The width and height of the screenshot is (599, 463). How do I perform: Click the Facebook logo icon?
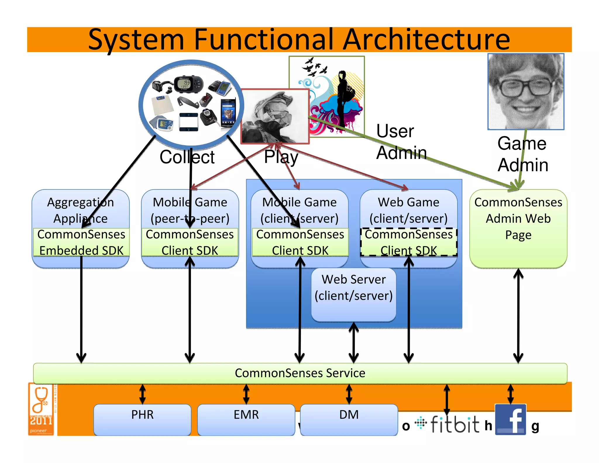click(510, 419)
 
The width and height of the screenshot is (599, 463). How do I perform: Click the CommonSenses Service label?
click(300, 373)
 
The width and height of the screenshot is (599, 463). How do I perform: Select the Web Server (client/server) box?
click(353, 294)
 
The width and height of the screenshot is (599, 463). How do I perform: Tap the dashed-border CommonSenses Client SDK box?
click(408, 242)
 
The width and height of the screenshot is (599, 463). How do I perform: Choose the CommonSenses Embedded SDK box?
click(81, 242)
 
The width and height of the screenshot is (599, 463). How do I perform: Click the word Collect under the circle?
click(187, 157)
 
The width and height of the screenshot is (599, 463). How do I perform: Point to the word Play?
click(281, 157)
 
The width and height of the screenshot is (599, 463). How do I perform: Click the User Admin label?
click(401, 142)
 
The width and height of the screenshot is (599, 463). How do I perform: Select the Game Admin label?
click(522, 154)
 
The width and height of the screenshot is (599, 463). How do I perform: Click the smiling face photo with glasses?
click(526, 91)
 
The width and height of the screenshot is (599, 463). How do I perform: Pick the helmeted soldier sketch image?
click(275, 116)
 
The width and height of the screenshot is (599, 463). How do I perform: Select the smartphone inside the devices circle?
click(228, 113)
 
